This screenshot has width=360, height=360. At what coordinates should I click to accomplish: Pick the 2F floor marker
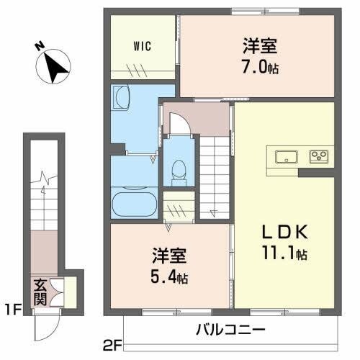click(x=112, y=345)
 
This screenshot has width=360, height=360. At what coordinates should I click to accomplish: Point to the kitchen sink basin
click(x=286, y=156)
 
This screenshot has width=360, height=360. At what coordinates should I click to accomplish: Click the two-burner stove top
click(x=319, y=156)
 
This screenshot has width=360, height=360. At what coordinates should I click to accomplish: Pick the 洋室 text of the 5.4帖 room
click(x=169, y=255)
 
